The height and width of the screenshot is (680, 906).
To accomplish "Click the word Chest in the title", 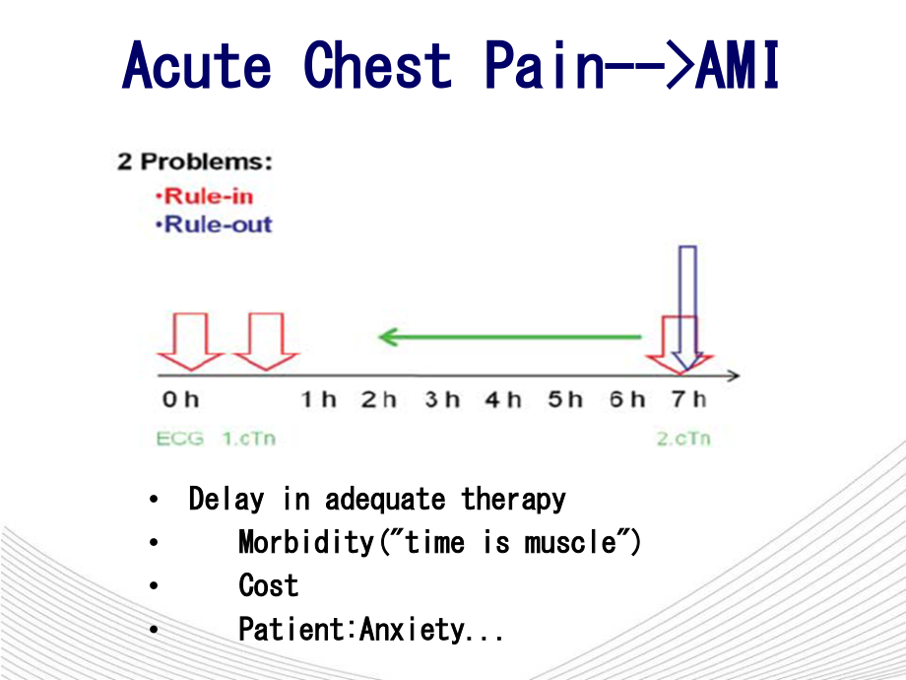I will click(378, 66).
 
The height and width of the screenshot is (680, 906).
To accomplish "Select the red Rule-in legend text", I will click(208, 195).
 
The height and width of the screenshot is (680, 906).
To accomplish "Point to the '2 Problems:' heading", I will click(195, 162).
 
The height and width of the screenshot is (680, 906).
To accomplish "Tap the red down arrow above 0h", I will click(190, 341).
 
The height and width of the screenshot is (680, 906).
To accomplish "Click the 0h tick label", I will click(180, 400).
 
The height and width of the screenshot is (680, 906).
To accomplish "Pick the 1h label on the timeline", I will click(318, 400).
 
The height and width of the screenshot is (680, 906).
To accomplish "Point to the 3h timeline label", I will click(442, 400).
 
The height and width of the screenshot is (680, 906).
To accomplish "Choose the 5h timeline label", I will click(565, 400).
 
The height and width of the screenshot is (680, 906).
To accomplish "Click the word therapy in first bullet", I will click(514, 500).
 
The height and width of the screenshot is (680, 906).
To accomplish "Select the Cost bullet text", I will click(268, 586).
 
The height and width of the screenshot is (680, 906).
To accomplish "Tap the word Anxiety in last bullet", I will click(411, 630).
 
